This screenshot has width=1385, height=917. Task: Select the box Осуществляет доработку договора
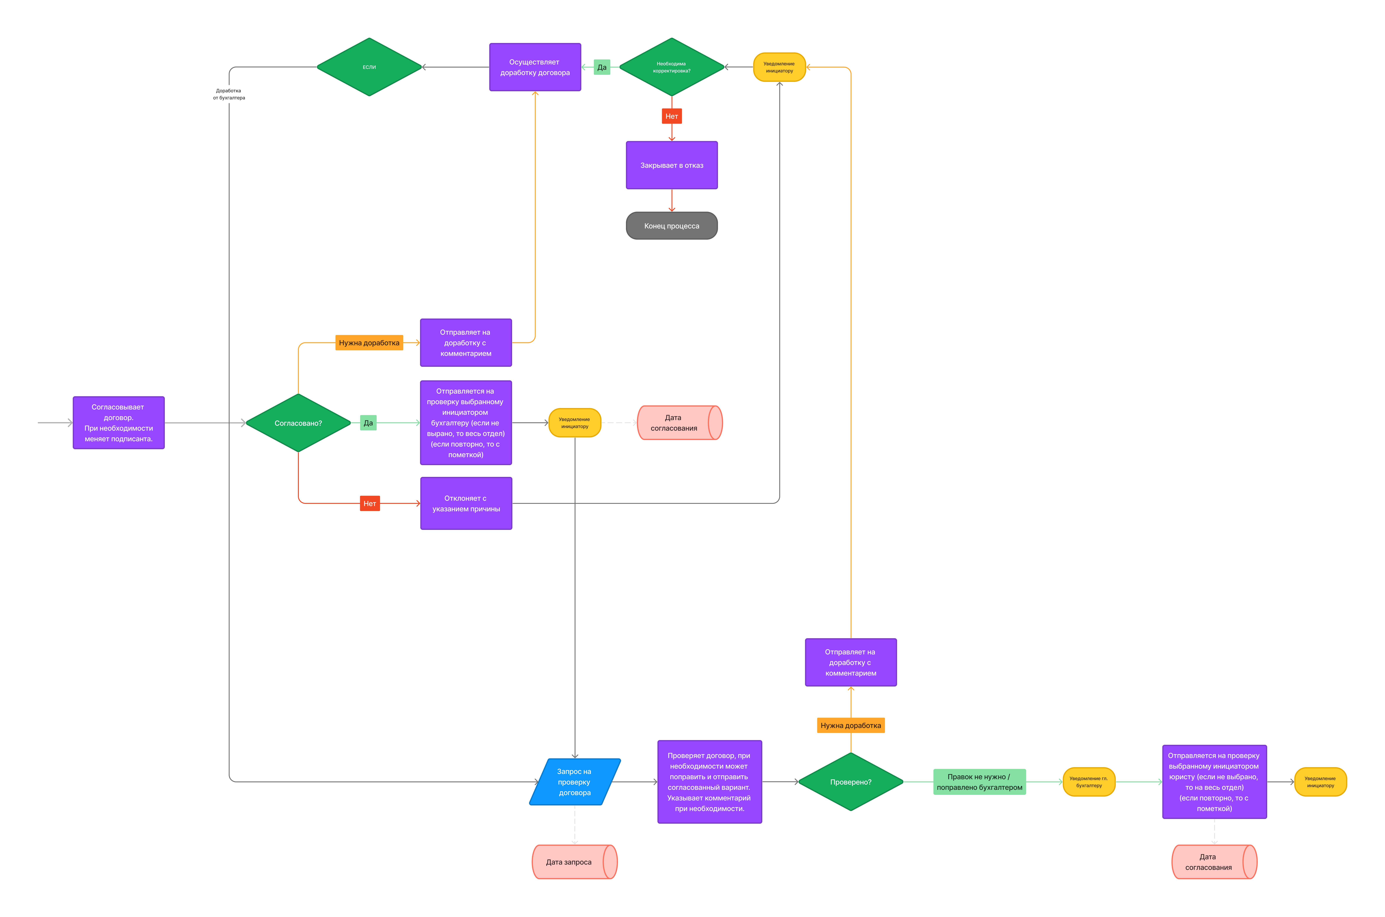tap(535, 67)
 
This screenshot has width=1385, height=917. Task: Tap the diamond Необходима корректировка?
tap(672, 67)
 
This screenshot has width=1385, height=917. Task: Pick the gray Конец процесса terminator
tap(672, 226)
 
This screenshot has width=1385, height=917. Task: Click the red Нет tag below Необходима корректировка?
tap(672, 116)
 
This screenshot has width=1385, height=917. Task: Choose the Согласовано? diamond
tap(298, 423)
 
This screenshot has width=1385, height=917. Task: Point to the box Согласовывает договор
tap(119, 423)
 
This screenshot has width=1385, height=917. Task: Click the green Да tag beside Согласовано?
tap(368, 423)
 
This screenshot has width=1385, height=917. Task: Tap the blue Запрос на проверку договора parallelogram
tap(575, 782)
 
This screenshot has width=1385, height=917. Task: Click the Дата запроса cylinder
tap(575, 862)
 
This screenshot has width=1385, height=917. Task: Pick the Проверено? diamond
tap(851, 782)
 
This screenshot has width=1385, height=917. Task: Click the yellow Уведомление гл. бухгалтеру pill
tap(1089, 782)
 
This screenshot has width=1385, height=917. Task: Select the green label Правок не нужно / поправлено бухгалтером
tap(980, 782)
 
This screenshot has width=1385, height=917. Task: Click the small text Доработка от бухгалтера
tap(229, 94)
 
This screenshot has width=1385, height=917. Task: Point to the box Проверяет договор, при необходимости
tap(710, 782)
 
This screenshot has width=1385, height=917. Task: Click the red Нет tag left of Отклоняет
tap(370, 504)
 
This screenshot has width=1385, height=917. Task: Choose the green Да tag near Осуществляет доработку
tap(602, 67)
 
